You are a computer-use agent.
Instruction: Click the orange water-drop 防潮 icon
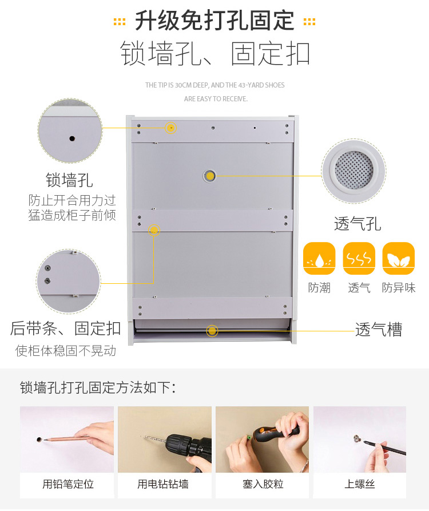point(319,258)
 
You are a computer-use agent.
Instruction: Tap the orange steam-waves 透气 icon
point(359,258)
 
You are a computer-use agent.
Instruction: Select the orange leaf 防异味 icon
point(398,258)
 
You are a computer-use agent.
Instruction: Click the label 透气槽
point(379,330)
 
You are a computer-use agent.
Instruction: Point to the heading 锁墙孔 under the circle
point(69,180)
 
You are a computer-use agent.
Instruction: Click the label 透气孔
point(357,224)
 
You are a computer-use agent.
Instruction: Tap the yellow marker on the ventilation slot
point(212,331)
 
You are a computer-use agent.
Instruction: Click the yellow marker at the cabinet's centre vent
point(210,176)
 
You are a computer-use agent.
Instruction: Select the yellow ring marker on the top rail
point(170,128)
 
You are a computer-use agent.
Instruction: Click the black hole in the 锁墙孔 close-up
point(72,138)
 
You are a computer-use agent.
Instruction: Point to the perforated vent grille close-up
point(354,170)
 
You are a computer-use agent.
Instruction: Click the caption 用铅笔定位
point(68,484)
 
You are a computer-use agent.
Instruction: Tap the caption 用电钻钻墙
point(163,484)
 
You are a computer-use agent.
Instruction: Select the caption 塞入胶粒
point(263,484)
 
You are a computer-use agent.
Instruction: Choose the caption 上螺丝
point(360,484)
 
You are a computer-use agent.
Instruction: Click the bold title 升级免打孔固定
point(214,21)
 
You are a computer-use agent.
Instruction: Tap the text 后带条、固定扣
point(65,328)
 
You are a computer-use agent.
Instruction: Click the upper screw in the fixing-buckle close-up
point(47,268)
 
